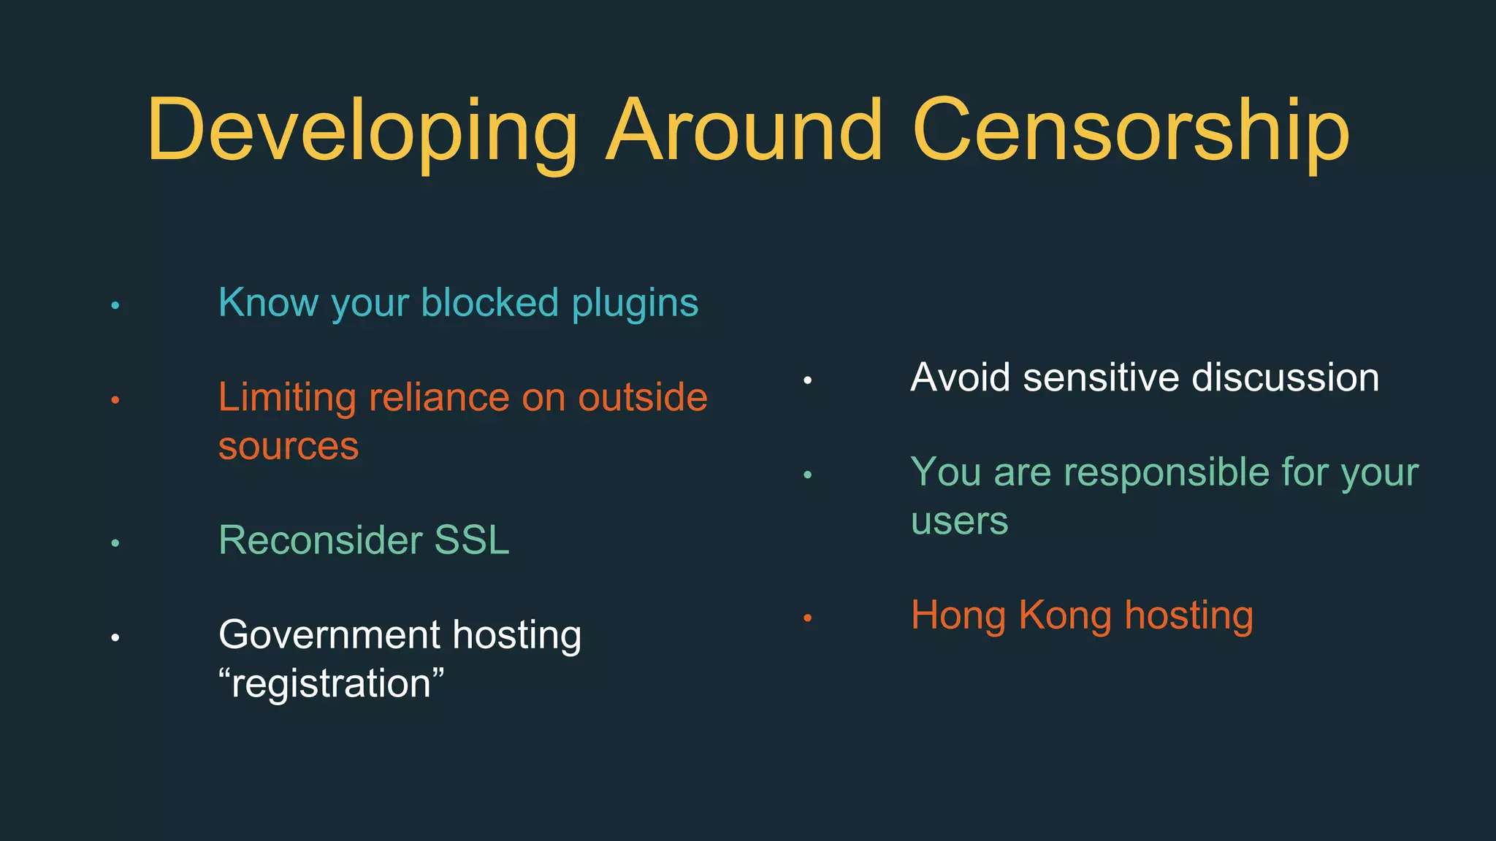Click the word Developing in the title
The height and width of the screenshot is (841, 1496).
(362, 131)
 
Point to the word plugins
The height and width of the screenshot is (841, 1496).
(635, 304)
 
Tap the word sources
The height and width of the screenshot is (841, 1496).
(289, 446)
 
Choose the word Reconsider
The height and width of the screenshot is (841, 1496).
(320, 540)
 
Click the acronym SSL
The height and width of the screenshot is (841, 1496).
(471, 540)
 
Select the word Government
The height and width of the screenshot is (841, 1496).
(329, 634)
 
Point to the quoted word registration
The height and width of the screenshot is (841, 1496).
(331, 684)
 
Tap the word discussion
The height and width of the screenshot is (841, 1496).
(1285, 377)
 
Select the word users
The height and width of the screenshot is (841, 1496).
(959, 521)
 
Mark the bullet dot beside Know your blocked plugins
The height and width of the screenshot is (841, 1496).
(115, 305)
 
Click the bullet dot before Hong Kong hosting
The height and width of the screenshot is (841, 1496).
(807, 618)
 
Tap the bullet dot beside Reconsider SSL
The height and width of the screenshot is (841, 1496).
(115, 543)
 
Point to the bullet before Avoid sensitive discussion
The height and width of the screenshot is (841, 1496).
(807, 380)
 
